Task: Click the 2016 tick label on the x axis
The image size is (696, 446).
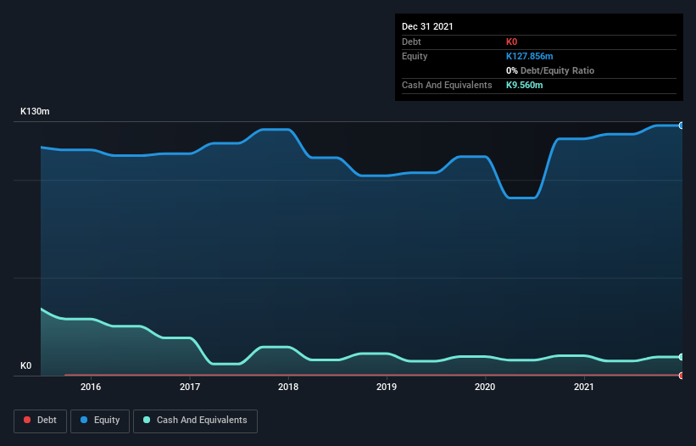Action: [x=91, y=387]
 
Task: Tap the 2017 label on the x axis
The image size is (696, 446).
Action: [x=190, y=387]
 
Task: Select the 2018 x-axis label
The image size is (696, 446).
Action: [x=288, y=387]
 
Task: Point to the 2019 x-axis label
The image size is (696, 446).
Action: [x=387, y=387]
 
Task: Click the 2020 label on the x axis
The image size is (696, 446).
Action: [x=485, y=387]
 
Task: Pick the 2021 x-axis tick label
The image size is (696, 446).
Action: [x=583, y=387]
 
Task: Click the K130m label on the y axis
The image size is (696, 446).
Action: [x=36, y=112]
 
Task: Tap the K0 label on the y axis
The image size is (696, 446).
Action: [x=25, y=366]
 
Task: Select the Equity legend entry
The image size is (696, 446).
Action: [x=100, y=420]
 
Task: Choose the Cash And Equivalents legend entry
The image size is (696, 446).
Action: [x=195, y=420]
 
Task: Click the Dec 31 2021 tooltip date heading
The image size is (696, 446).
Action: [x=427, y=26]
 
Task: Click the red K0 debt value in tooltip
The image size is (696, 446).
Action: [x=512, y=42]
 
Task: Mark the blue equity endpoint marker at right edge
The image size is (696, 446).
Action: [x=681, y=125]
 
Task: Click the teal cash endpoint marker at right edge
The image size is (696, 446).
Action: [x=681, y=357]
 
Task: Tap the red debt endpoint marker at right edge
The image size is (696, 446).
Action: [x=681, y=375]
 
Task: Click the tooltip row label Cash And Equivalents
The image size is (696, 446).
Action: [x=447, y=85]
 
